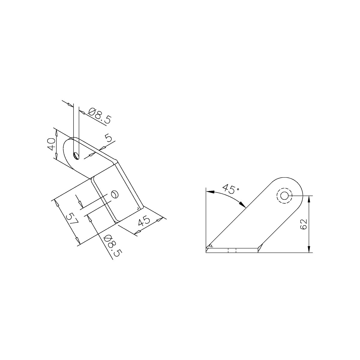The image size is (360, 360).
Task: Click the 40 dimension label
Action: coord(51,144)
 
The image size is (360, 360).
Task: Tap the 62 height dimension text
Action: coord(303,224)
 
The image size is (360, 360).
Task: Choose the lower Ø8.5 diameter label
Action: coord(113,246)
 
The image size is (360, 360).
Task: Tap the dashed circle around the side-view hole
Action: coord(284,196)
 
